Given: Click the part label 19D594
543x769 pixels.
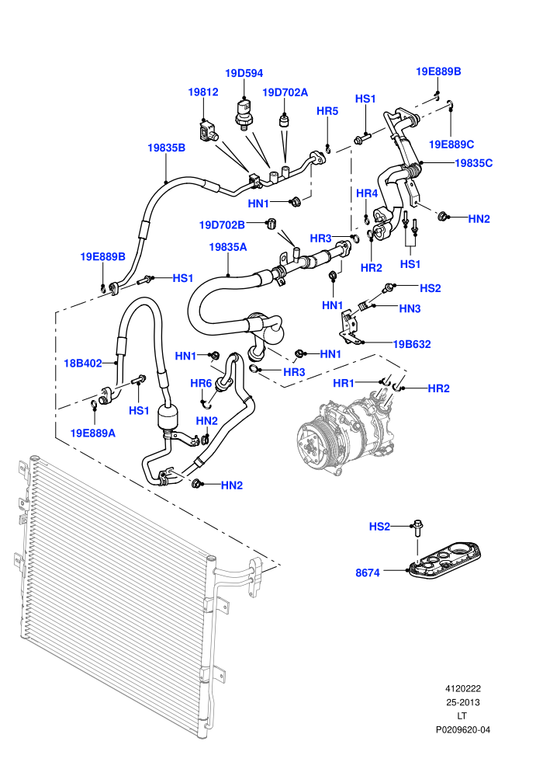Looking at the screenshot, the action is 244,73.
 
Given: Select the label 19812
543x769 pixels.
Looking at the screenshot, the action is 203,92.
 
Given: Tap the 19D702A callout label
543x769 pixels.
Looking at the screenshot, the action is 285,92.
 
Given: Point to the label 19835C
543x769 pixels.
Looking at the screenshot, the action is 473,163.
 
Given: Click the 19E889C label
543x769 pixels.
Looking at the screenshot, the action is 451,144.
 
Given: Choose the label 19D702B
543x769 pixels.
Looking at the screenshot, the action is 222,224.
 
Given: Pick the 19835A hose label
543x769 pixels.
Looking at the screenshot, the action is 228,247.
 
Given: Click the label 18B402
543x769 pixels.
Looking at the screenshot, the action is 83,363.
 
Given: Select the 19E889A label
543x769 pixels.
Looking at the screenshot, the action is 93,433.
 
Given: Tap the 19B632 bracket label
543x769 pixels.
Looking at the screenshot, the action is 412,344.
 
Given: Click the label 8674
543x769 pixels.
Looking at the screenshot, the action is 368,572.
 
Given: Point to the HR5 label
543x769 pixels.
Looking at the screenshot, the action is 327,111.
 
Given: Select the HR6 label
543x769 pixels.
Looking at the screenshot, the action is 201,382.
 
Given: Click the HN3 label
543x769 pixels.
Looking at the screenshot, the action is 410,308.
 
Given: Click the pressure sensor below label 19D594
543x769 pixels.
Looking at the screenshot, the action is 244,113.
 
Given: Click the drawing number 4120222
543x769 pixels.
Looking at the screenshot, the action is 462,688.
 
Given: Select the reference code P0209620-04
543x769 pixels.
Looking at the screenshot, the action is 462,729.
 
